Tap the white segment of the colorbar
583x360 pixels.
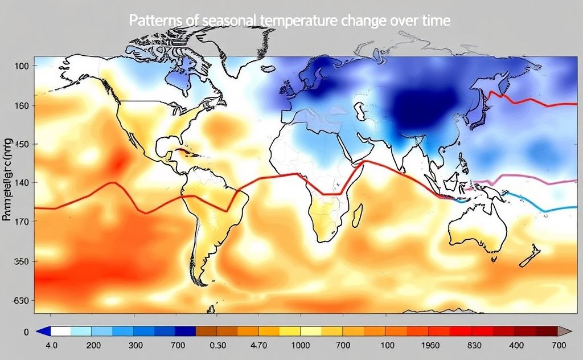point(60,331)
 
